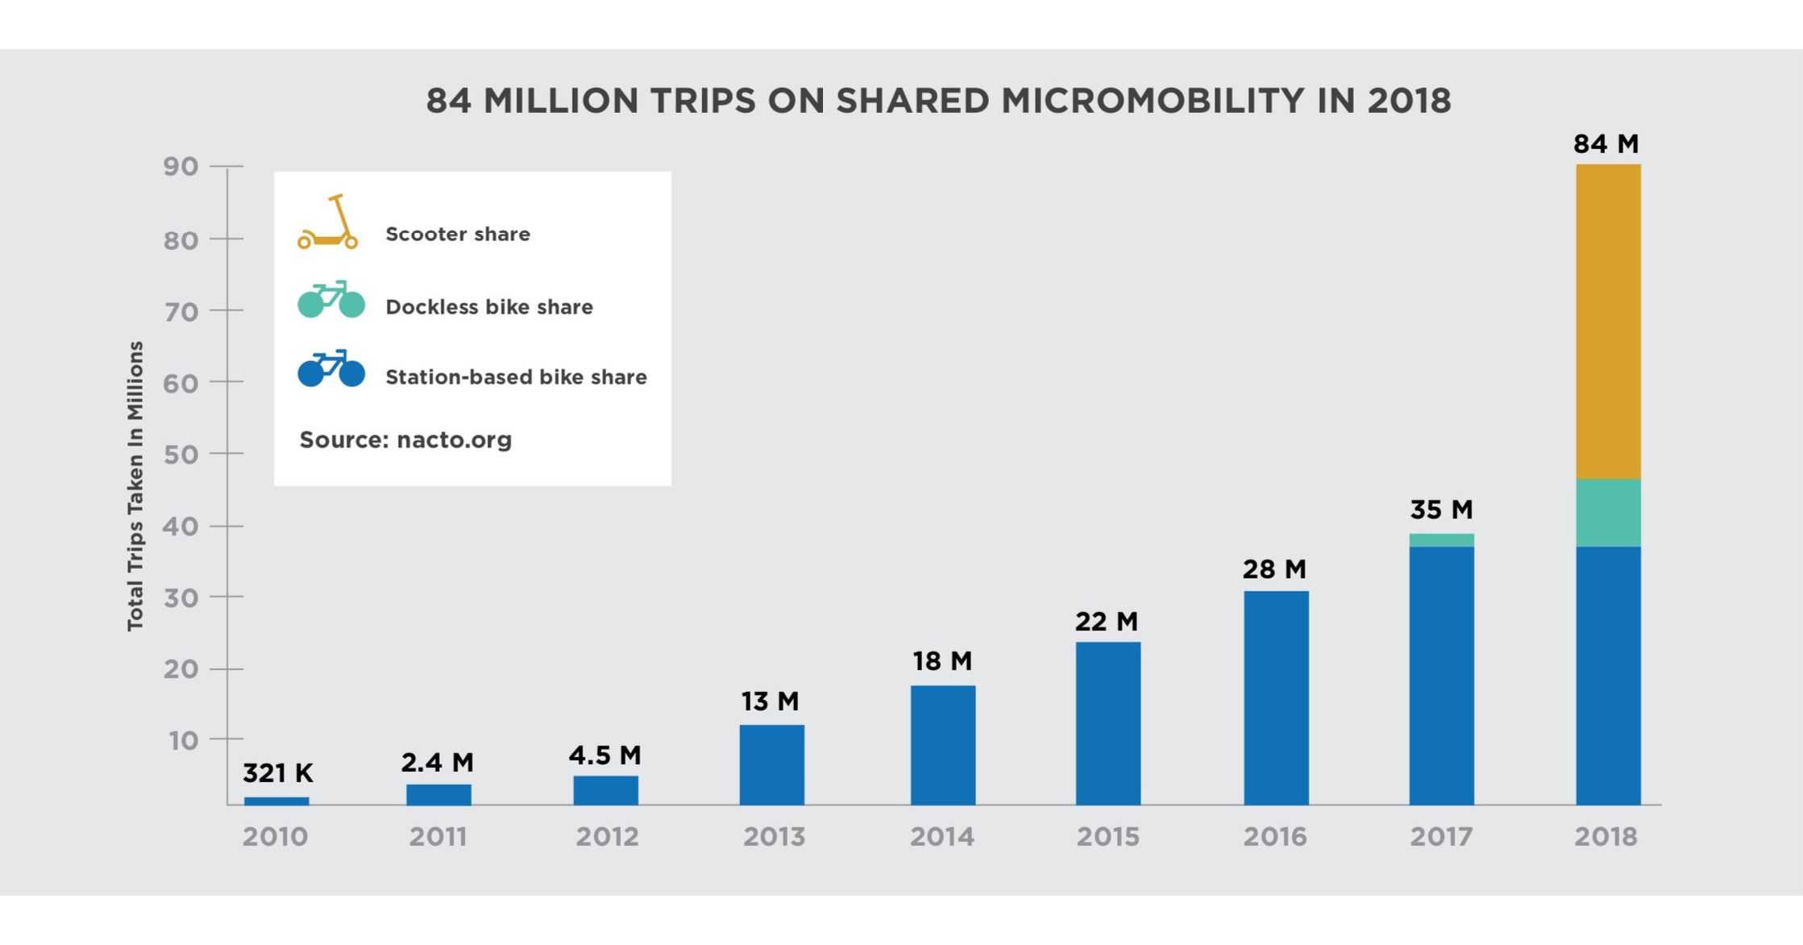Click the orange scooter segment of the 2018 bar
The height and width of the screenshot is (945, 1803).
[1608, 323]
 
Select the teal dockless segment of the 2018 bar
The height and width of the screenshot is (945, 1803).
[1608, 513]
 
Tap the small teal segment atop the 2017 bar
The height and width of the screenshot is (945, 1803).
[1441, 540]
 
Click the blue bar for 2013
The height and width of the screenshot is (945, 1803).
[771, 764]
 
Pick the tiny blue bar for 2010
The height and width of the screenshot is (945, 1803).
[276, 801]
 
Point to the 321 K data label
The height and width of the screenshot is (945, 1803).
[277, 773]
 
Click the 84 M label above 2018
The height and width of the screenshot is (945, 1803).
[1606, 144]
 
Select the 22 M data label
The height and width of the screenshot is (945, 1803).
[1106, 622]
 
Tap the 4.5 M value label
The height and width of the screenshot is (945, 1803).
[604, 756]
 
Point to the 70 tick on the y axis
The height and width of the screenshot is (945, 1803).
[181, 311]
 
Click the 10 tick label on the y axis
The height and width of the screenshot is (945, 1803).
[183, 740]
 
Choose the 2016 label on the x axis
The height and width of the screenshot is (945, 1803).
[1274, 837]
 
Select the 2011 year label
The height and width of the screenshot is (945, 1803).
[438, 837]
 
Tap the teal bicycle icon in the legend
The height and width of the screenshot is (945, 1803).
[331, 300]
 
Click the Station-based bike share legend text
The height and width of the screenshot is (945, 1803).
[516, 377]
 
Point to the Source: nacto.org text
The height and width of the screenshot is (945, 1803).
[405, 440]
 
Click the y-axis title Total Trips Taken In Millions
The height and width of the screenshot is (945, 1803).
[135, 485]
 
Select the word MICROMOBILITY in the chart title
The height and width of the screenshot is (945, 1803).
[1152, 102]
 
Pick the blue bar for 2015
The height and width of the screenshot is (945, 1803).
[1107, 723]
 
